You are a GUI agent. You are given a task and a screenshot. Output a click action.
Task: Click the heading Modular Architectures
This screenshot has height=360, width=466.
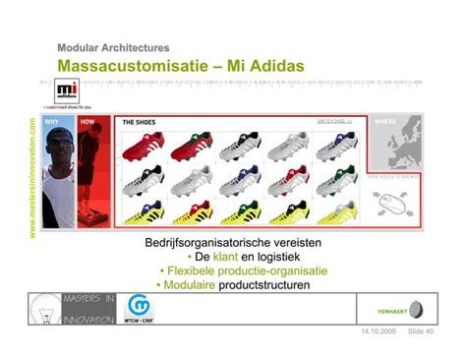pyautogui.click(x=113, y=47)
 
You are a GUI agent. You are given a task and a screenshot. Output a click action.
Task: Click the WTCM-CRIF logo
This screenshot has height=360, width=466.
pyautogui.click(x=139, y=311)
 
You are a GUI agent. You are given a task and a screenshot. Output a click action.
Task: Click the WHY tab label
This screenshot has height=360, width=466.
pyautogui.click(x=52, y=122)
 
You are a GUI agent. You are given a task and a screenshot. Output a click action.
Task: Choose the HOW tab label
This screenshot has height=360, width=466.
pyautogui.click(x=87, y=122)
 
